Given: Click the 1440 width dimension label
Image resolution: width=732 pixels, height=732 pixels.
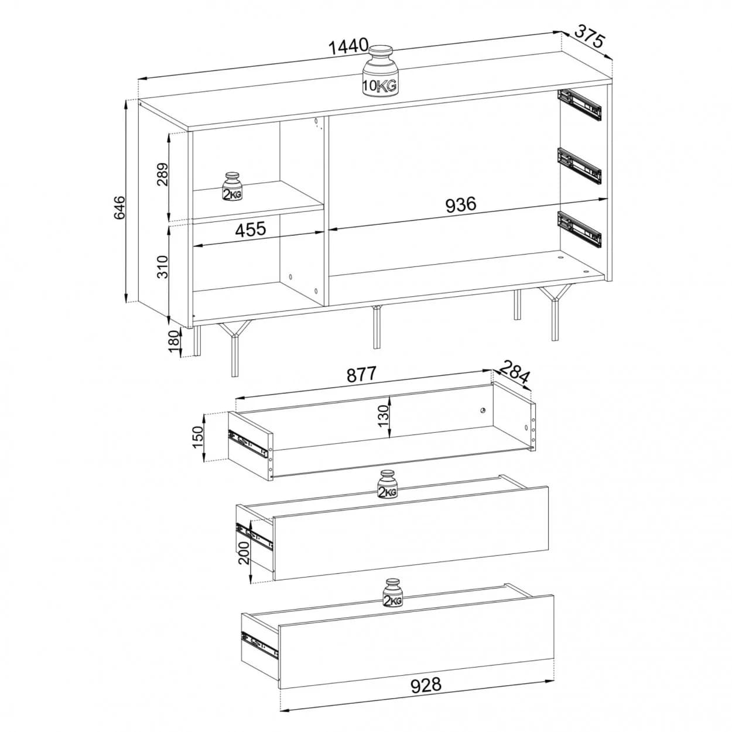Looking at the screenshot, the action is [348, 47].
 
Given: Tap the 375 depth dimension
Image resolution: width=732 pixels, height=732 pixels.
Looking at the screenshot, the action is [589, 36].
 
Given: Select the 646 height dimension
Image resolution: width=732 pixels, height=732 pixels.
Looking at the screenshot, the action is [119, 208].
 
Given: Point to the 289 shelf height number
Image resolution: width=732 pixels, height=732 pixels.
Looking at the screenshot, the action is [162, 174].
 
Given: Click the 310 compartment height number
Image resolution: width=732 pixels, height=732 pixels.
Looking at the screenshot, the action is [162, 266].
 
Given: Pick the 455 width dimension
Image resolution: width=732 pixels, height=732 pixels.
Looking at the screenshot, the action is [251, 229].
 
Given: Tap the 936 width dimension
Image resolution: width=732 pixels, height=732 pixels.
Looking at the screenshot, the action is [460, 204].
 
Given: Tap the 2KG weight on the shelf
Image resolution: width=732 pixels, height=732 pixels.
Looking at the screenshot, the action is [232, 187].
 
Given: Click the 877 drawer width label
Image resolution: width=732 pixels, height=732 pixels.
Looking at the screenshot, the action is [361, 374].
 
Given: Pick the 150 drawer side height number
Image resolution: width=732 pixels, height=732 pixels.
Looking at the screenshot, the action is [199, 437].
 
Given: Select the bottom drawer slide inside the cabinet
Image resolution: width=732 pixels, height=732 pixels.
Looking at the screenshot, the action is [579, 229].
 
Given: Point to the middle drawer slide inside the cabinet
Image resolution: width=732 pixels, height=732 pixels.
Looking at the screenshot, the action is [579, 166].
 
